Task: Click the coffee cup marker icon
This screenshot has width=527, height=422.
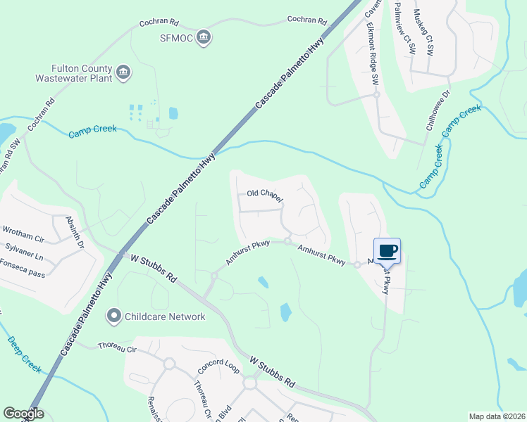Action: [x=387, y=250]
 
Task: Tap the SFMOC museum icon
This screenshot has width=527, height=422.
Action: [x=204, y=37]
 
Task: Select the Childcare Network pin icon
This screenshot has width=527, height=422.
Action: [x=113, y=316]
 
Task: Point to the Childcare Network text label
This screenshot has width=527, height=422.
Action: [x=165, y=316]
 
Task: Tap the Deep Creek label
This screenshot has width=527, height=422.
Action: [x=25, y=353]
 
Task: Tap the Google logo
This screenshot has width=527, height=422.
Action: [x=23, y=414]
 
